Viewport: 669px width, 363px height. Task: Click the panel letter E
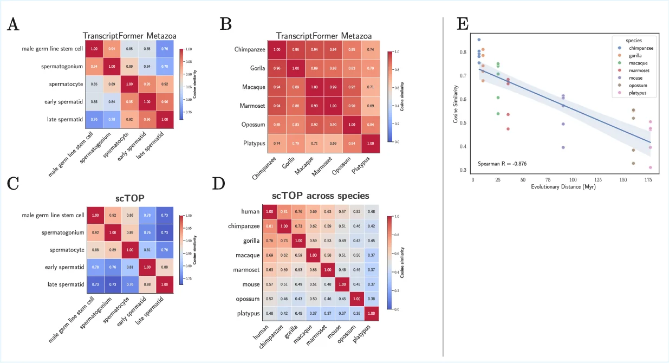[463, 24]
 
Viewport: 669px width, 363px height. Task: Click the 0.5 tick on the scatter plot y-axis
[465, 123]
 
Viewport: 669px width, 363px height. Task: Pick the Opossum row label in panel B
[250, 125]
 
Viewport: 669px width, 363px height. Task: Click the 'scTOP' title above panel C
[129, 197]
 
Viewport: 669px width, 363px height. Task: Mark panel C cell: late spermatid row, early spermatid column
[147, 284]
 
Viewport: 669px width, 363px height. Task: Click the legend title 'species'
[634, 40]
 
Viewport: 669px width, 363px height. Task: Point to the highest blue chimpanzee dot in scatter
[479, 40]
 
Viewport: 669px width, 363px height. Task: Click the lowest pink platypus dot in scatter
[650, 167]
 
